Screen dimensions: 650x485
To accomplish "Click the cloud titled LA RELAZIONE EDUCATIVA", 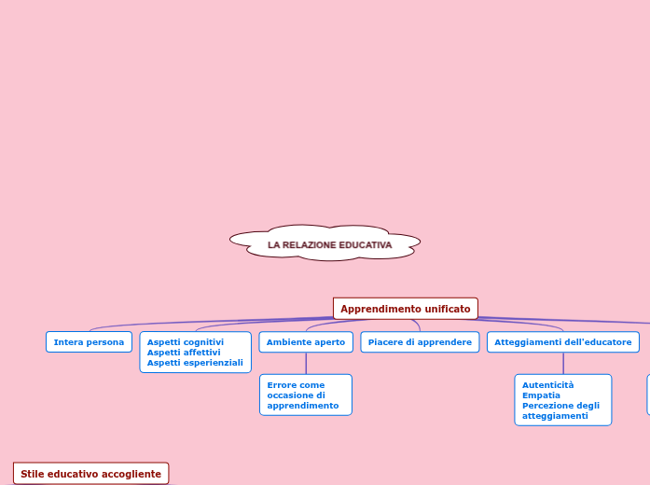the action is click(325, 244).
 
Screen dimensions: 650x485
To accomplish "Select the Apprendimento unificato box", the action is click(405, 309).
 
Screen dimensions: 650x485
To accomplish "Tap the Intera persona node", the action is click(89, 342).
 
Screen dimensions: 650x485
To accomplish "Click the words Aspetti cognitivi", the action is click(186, 342).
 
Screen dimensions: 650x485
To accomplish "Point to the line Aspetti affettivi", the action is click(184, 353).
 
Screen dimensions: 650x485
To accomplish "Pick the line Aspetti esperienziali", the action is click(195, 363).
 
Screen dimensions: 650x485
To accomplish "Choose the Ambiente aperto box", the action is click(306, 342).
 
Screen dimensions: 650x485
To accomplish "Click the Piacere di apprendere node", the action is click(420, 342).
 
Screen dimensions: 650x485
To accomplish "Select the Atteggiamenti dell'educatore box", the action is click(562, 342).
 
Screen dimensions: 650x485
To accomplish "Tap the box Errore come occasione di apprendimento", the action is click(305, 395).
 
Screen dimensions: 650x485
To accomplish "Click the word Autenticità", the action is click(548, 385).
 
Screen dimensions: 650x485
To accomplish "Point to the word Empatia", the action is click(542, 395).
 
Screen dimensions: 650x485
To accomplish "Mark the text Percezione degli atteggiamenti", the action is click(560, 411).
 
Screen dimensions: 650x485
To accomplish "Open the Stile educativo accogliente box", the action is click(90, 474).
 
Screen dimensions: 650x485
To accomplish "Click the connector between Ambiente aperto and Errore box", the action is click(306, 364).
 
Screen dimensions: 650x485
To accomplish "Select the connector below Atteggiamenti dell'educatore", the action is click(563, 364).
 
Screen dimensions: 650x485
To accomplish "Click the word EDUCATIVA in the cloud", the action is click(366, 245).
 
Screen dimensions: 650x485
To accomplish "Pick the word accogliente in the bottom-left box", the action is click(131, 474).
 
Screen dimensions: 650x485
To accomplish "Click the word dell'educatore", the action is click(596, 342).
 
